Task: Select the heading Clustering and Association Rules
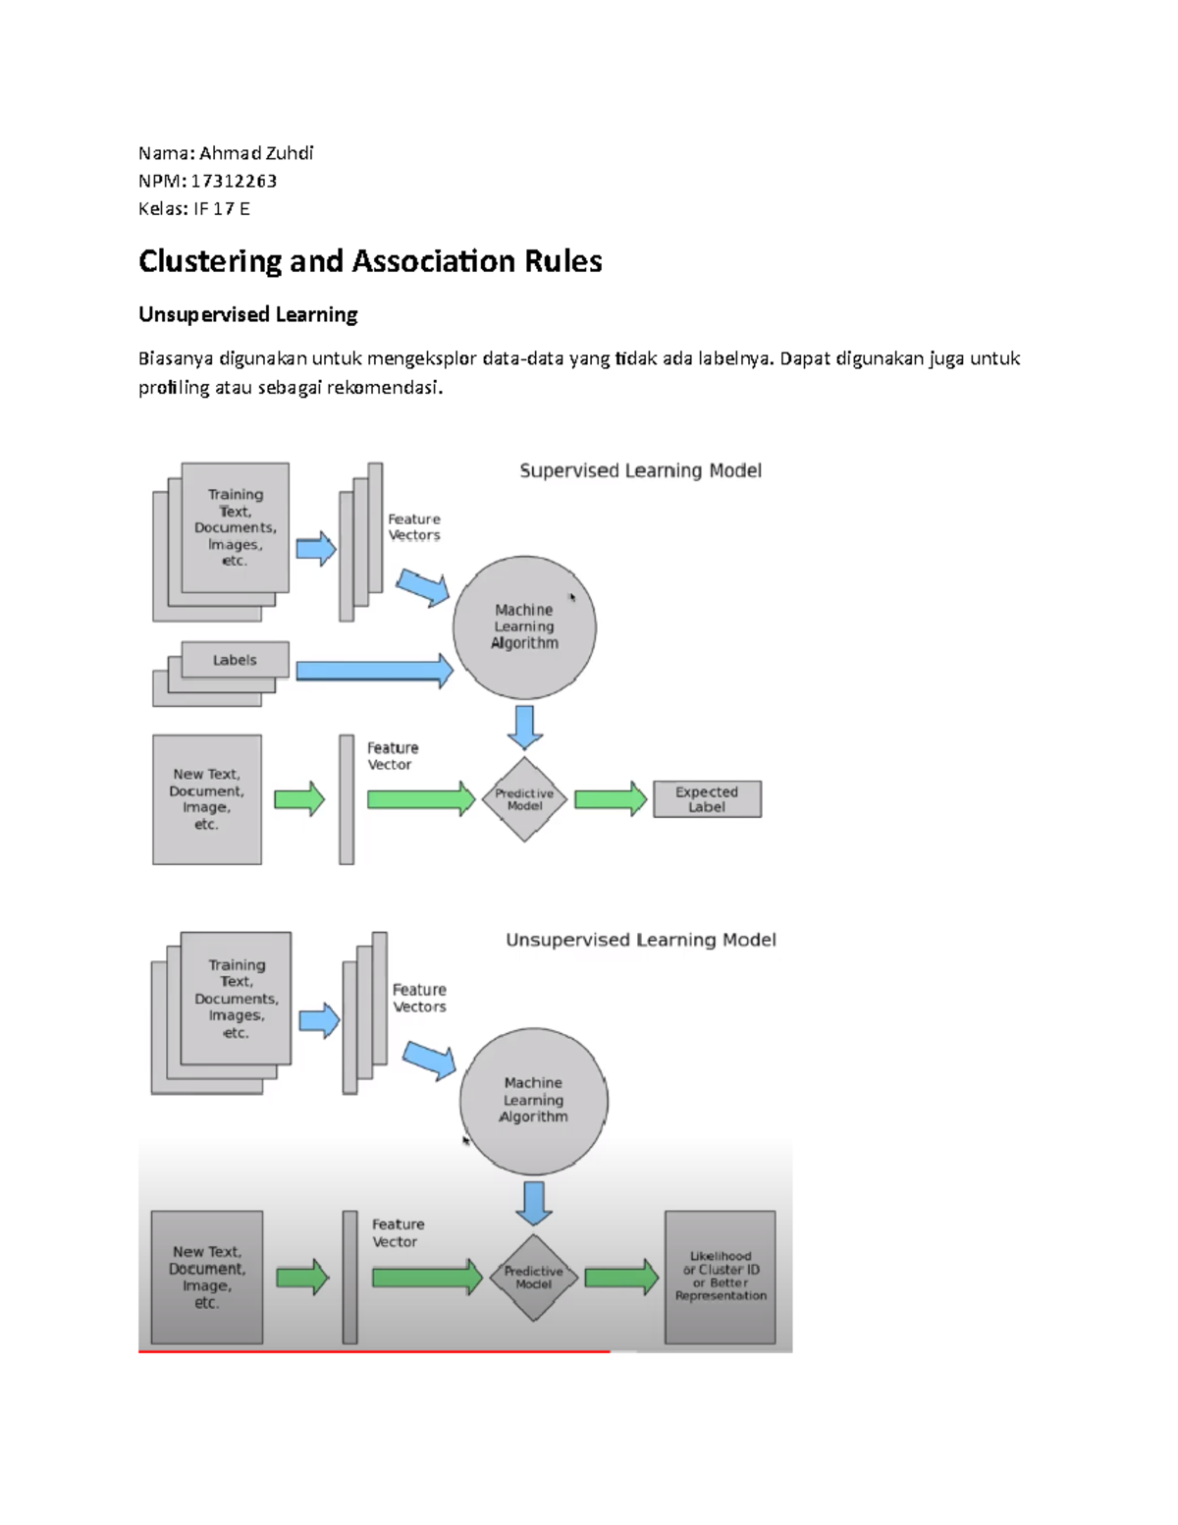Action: point(370,261)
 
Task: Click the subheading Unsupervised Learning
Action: point(247,314)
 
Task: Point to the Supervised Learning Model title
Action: point(640,470)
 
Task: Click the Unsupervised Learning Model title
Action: point(640,940)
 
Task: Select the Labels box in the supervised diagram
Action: point(235,660)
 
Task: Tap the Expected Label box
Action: point(707,799)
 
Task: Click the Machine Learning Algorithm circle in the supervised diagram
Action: point(524,626)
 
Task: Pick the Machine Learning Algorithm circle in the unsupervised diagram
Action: point(533,1100)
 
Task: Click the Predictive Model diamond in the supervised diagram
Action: point(524,799)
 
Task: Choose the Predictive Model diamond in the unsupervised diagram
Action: point(533,1278)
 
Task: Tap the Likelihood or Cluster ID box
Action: point(721,1277)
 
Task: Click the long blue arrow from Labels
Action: point(373,671)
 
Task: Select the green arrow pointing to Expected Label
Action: point(610,799)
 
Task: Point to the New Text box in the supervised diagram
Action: point(206,799)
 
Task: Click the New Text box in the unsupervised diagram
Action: point(206,1277)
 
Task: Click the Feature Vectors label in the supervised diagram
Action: point(413,527)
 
